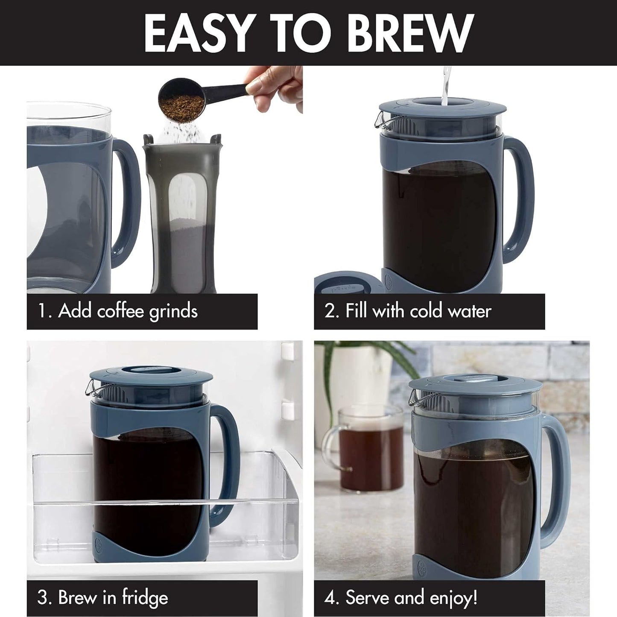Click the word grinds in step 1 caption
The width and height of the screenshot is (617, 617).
coord(173,311)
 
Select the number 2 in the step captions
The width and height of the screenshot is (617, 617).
coord(330,311)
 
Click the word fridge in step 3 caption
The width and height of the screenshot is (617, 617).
coord(145,598)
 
